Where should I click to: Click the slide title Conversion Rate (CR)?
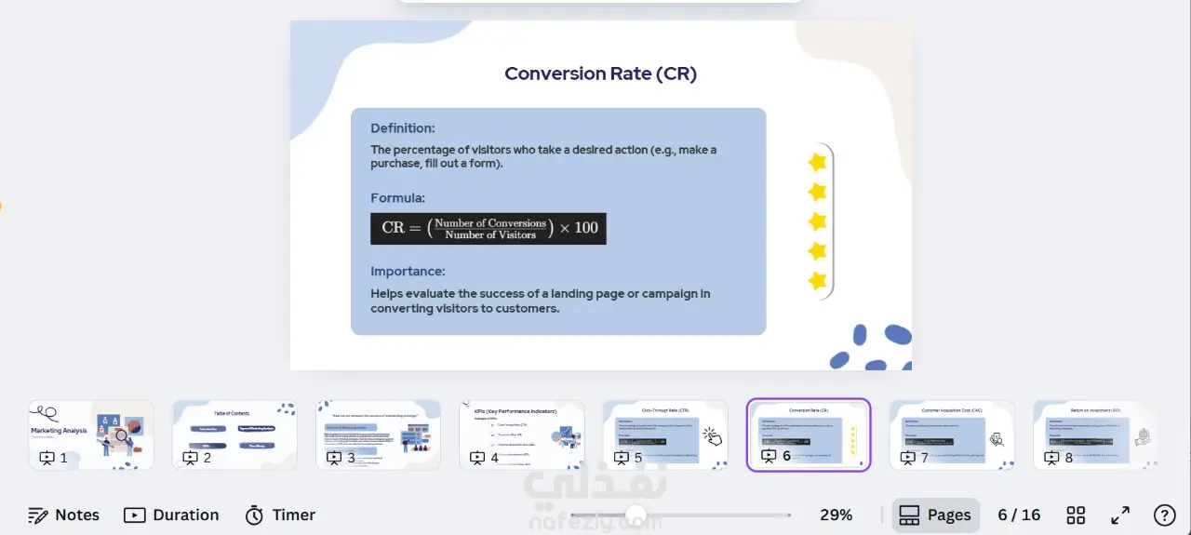pyautogui.click(x=600, y=74)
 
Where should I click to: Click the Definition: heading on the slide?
pyautogui.click(x=402, y=128)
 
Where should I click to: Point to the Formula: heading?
pyautogui.click(x=397, y=198)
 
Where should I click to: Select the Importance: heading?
pyautogui.click(x=408, y=272)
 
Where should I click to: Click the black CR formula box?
pyautogui.click(x=488, y=228)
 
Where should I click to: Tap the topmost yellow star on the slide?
pyautogui.click(x=817, y=162)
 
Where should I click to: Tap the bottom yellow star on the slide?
pyautogui.click(x=817, y=280)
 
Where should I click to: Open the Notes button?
pyautogui.click(x=63, y=515)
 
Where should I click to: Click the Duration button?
pyautogui.click(x=171, y=515)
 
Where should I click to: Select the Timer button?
pyautogui.click(x=280, y=515)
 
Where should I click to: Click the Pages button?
pyautogui.click(x=936, y=515)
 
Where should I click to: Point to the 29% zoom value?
pyautogui.click(x=836, y=515)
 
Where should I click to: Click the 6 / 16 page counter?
pyautogui.click(x=1019, y=515)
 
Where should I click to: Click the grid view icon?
pyautogui.click(x=1076, y=515)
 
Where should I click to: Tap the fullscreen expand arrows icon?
pyautogui.click(x=1120, y=515)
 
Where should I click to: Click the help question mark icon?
pyautogui.click(x=1164, y=515)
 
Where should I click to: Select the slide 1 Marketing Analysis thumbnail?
pyautogui.click(x=91, y=435)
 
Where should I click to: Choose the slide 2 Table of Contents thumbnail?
pyautogui.click(x=234, y=435)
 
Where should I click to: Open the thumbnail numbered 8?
pyautogui.click(x=1095, y=435)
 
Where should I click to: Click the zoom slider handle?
pyautogui.click(x=636, y=515)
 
